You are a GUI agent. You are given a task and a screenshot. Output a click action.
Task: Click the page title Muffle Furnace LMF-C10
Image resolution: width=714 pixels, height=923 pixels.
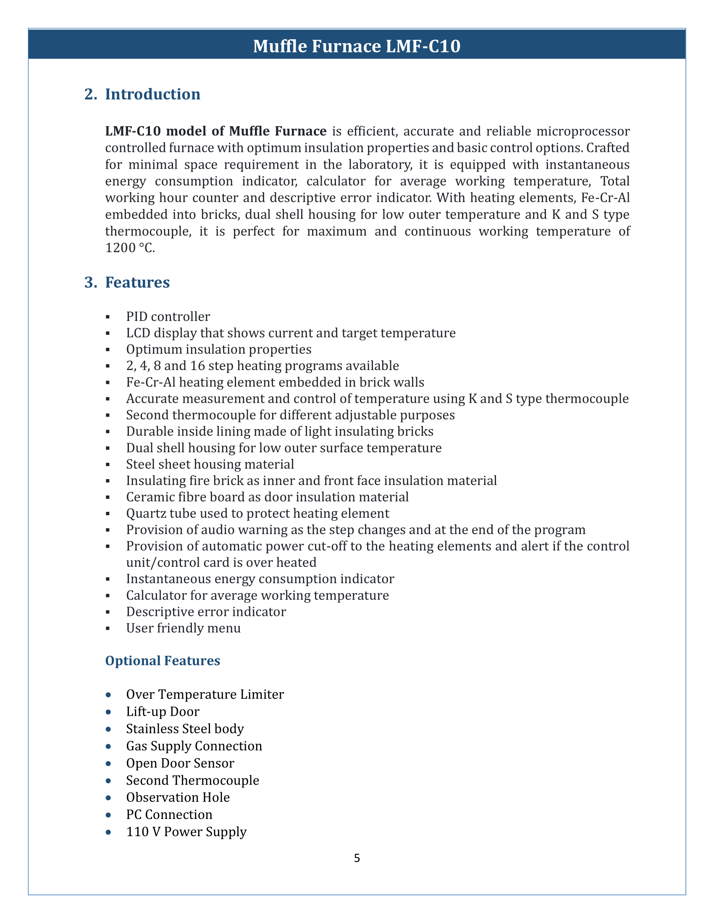click(357, 46)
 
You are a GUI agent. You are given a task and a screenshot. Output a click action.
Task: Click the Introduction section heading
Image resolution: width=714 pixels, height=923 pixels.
click(152, 94)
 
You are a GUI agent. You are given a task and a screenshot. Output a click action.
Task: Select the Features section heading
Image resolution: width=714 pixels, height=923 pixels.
click(137, 282)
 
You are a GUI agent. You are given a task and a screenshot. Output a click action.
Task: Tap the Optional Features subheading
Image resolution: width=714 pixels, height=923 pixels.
click(163, 660)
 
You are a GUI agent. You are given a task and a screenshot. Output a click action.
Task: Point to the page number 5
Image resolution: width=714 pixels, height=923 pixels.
click(357, 858)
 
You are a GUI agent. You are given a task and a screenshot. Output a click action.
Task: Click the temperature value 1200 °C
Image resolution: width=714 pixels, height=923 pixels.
click(130, 248)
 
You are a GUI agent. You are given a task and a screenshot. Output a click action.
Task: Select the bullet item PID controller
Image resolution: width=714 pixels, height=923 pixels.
click(168, 316)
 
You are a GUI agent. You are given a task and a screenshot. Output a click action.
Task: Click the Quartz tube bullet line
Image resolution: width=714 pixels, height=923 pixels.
click(257, 513)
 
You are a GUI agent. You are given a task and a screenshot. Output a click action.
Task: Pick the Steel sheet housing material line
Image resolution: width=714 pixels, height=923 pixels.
click(210, 464)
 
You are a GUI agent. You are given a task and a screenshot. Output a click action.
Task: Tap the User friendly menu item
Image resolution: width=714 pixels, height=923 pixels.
click(183, 628)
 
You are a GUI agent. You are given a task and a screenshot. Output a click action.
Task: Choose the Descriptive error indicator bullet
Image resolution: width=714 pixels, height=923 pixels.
click(206, 612)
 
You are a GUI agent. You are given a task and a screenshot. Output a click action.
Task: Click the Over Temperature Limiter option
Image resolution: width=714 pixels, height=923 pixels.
click(205, 694)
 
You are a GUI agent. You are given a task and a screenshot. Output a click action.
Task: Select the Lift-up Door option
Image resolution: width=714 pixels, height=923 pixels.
click(163, 712)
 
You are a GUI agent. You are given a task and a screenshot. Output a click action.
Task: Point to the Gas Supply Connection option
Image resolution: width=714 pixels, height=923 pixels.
click(194, 746)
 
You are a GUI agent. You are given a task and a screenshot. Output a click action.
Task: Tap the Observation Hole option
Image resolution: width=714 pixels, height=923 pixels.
click(178, 797)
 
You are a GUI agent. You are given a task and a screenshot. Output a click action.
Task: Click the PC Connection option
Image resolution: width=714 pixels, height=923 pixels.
click(169, 814)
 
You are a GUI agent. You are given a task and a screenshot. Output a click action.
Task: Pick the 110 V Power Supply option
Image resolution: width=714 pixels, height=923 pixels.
click(186, 832)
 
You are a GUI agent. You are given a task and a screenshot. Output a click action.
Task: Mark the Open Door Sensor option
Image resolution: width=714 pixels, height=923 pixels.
click(180, 763)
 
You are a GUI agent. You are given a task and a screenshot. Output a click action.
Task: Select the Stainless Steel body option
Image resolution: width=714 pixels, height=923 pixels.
click(185, 729)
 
